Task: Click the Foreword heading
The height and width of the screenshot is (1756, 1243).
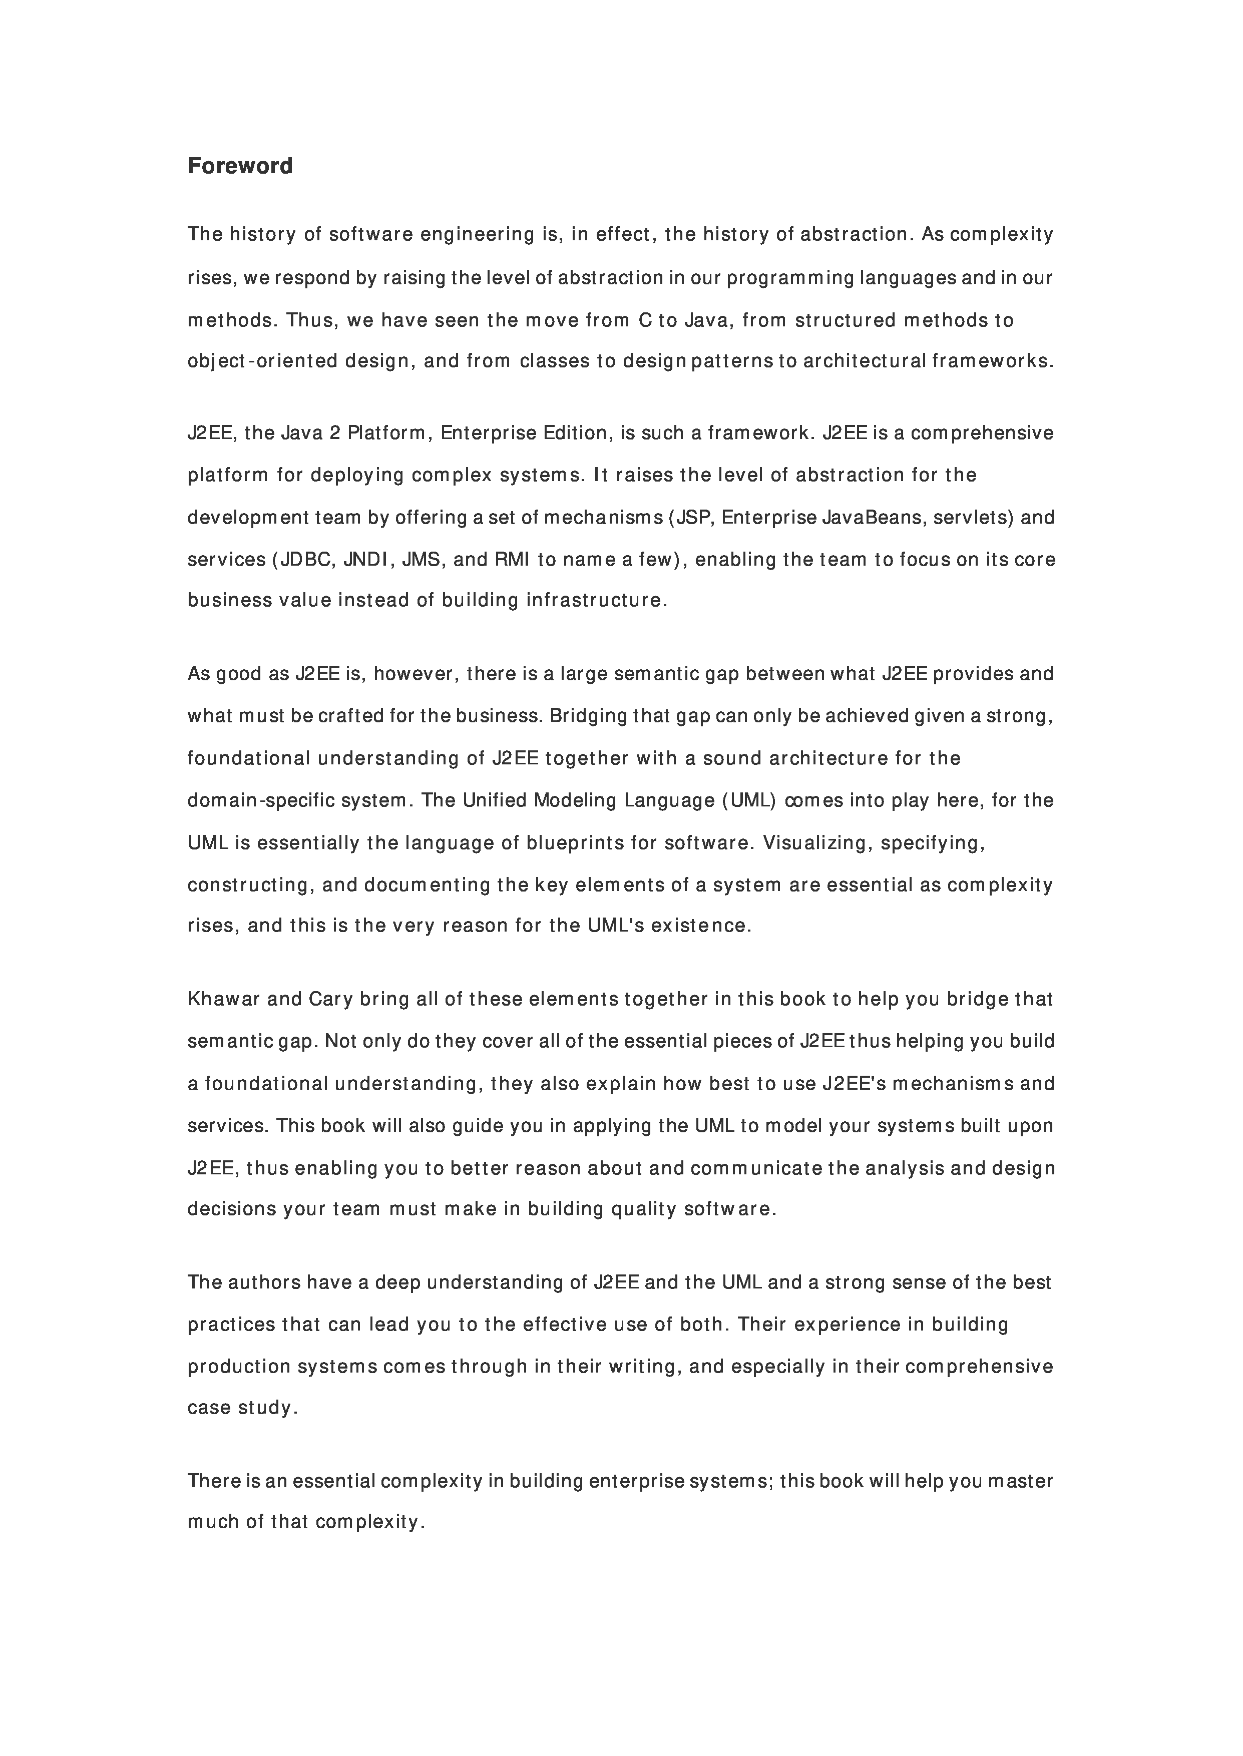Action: point(240,166)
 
